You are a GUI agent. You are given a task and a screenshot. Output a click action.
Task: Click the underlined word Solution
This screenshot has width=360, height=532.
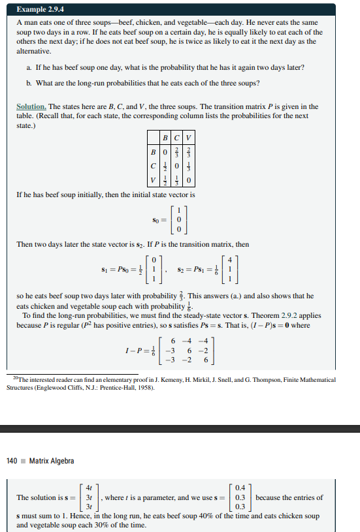[x=31, y=107]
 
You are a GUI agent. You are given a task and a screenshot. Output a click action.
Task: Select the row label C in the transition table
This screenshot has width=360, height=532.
[x=152, y=164]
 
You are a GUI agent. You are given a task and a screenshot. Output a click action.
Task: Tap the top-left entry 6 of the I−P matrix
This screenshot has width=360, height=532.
[x=172, y=341]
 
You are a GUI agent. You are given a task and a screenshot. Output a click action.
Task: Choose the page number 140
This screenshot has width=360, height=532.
[x=12, y=461]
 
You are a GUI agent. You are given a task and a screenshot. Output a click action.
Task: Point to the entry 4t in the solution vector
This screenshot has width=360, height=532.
[x=89, y=488]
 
